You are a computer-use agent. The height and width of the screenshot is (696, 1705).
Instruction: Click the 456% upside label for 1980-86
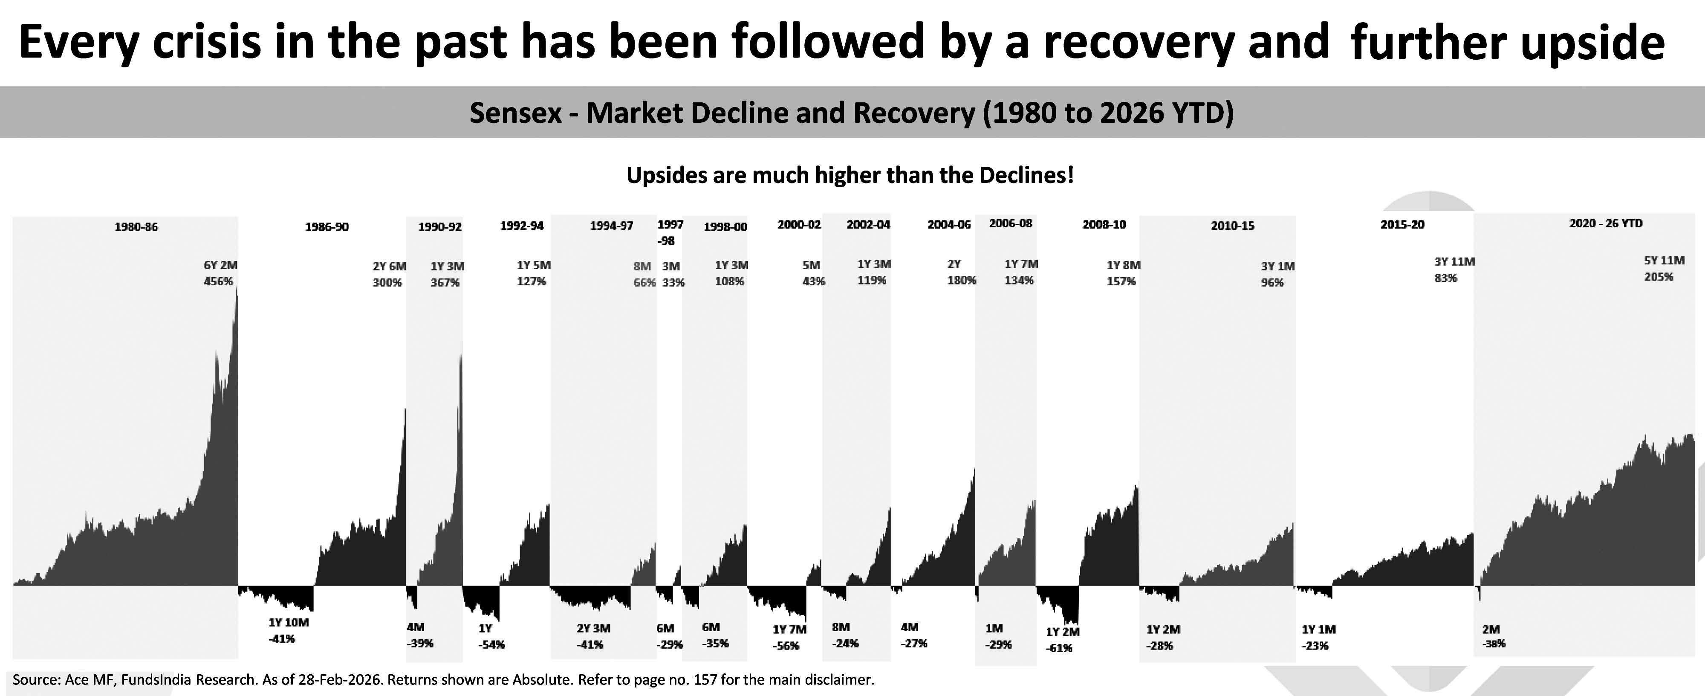[218, 281]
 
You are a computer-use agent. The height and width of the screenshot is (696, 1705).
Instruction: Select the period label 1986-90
[327, 227]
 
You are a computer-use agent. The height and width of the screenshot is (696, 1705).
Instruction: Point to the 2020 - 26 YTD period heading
[1606, 224]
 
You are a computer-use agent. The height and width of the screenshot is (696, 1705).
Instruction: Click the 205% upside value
[1659, 277]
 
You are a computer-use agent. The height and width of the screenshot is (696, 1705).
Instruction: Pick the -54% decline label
[492, 644]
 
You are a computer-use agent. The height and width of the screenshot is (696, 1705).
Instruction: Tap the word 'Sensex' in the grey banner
[515, 113]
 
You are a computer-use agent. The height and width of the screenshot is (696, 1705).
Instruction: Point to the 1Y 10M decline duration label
[289, 623]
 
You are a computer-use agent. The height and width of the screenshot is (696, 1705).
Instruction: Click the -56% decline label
[786, 646]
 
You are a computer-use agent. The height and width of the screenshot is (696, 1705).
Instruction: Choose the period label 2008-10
[1104, 225]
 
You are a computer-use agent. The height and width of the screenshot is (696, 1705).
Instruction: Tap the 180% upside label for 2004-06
[962, 280]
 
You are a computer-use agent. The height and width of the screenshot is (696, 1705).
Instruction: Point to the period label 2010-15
[1232, 226]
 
